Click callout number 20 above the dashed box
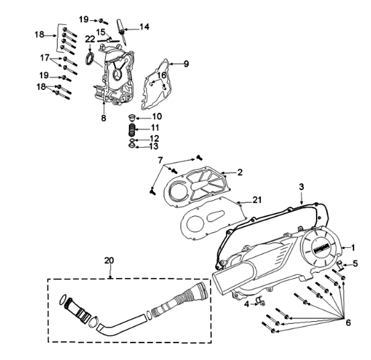(109, 260)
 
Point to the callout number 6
(348, 322)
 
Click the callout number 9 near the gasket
(187, 64)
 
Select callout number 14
(144, 27)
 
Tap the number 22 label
(90, 40)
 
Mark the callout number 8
(104, 118)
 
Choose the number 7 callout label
(160, 160)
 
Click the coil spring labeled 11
(133, 128)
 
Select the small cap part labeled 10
(132, 118)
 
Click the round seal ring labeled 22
(88, 62)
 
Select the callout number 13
(154, 146)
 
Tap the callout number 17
(45, 57)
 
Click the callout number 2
(239, 172)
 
